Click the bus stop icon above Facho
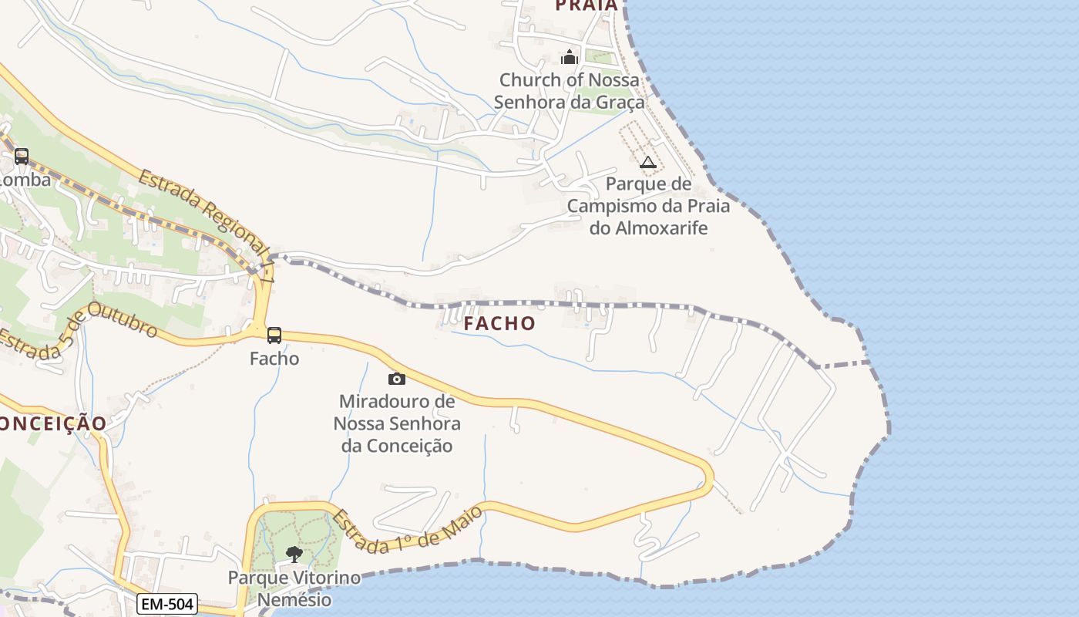click(x=274, y=335)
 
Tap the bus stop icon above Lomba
click(x=22, y=157)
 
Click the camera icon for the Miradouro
click(x=397, y=379)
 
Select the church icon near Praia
click(x=570, y=57)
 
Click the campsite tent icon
click(x=647, y=162)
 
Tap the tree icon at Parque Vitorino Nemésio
click(x=294, y=554)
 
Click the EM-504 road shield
click(x=167, y=604)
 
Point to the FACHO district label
click(x=499, y=324)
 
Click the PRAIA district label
click(x=587, y=6)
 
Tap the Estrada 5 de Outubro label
click(x=77, y=332)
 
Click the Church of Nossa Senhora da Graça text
click(x=569, y=91)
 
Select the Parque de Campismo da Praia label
click(x=648, y=206)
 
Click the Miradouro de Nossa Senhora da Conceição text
click(x=397, y=423)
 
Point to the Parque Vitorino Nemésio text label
click(x=294, y=588)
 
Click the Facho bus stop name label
click(x=274, y=359)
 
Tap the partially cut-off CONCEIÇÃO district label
click(x=52, y=423)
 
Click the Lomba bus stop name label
click(x=25, y=180)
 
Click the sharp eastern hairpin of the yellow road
click(x=708, y=474)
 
